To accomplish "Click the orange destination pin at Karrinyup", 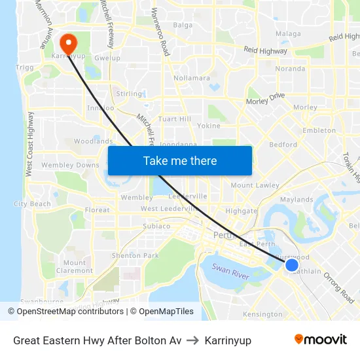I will pyautogui.click(x=67, y=43).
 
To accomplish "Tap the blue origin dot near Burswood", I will pyautogui.click(x=292, y=264).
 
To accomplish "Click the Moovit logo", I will pyautogui.click(x=320, y=339).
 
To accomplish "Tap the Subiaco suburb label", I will pyautogui.click(x=156, y=226).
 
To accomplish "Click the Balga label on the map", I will pyautogui.click(x=183, y=26).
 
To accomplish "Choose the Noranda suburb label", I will pyautogui.click(x=291, y=69).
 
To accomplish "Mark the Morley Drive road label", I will pyautogui.click(x=265, y=99).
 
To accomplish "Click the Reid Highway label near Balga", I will pyautogui.click(x=265, y=50).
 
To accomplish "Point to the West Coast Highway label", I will pyautogui.click(x=29, y=144).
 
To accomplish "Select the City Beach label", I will pyautogui.click(x=32, y=204).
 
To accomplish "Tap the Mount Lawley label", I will pyautogui.click(x=255, y=185).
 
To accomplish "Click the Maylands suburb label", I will pyautogui.click(x=296, y=200).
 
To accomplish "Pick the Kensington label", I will pyautogui.click(x=262, y=315).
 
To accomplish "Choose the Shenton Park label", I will pyautogui.click(x=135, y=255).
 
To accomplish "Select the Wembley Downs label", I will pyautogui.click(x=71, y=165).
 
